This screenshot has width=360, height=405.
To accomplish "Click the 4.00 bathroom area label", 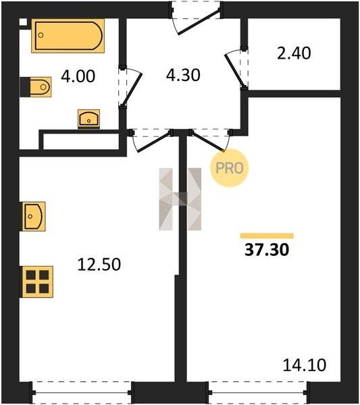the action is tap(78, 76).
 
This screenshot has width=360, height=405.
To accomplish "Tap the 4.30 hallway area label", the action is tap(183, 75).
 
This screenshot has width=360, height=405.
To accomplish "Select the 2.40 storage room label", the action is tap(294, 53).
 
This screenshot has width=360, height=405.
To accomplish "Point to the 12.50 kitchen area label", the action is tap(99, 265).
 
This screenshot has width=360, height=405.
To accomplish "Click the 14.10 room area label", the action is tap(305, 365).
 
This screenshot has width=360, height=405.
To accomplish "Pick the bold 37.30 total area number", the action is tap(267, 250).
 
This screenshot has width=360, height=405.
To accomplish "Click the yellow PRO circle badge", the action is tap(230, 168).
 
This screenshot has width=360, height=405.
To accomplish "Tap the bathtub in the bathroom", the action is tap(68, 36).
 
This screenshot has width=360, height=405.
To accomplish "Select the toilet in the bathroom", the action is tap(36, 87).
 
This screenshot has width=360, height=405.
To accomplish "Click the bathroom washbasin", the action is tap(89, 119).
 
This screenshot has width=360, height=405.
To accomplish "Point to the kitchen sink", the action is tap(34, 217).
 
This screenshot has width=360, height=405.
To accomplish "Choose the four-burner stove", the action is tap(37, 281).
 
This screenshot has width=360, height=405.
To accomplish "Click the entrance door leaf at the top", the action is tap(199, 22).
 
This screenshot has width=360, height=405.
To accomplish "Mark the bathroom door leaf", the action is tap(132, 89).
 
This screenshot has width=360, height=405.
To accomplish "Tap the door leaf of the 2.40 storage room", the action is tap(234, 70).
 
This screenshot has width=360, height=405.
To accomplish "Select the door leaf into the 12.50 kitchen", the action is tap(155, 142).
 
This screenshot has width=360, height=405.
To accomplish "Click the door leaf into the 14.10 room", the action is tap(207, 141).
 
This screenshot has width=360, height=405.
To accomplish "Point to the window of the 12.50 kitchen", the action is tap(82, 393).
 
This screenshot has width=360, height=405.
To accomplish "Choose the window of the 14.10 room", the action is tap(259, 393).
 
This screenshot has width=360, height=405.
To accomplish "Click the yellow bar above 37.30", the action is tap(267, 236).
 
